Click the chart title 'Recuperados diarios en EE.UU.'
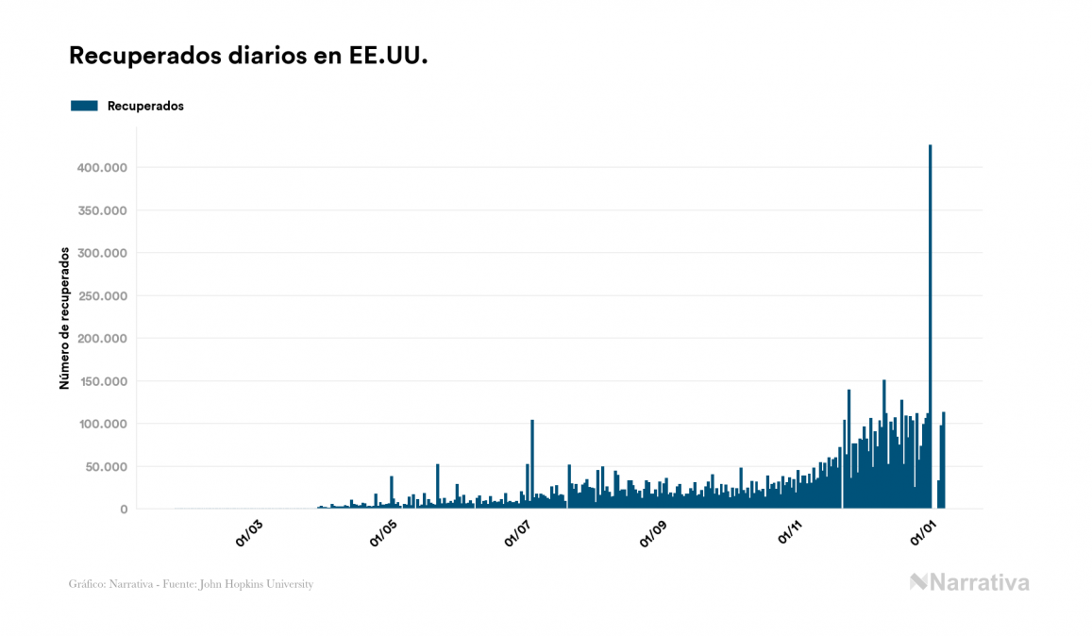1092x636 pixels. coord(248,56)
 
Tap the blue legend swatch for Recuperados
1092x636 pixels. coord(84,106)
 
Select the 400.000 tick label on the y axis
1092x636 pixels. coord(101,168)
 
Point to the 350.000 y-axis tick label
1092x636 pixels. coord(101,210)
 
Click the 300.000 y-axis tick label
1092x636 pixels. coord(101,253)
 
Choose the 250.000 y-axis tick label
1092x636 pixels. coord(101,296)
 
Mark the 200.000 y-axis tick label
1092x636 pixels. coord(101,339)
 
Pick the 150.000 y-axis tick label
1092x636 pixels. coord(101,381)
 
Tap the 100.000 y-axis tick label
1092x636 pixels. coord(101,424)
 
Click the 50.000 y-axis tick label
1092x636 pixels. coord(105,467)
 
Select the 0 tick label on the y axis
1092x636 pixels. coord(123,510)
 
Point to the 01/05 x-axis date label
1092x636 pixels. coord(383,532)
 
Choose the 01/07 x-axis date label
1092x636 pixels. coord(518,532)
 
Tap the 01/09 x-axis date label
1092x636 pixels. coord(653,532)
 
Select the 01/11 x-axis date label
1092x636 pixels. coord(789,532)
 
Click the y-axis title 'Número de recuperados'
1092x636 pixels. coord(65,318)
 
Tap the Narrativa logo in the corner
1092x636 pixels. coord(969,582)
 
